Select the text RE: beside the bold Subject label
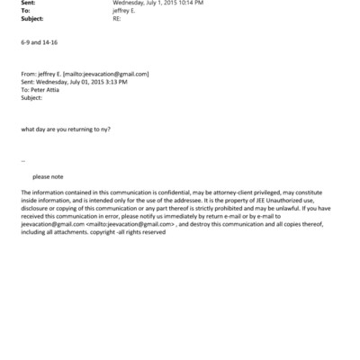[x=117, y=19]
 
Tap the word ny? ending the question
[x=104, y=129]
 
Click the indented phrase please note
[x=48, y=176]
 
